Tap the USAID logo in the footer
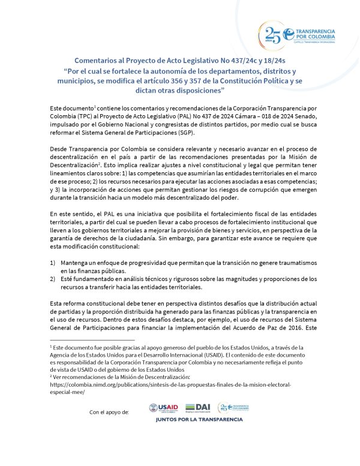click(x=161, y=408)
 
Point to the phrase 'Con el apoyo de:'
click(x=109, y=412)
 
